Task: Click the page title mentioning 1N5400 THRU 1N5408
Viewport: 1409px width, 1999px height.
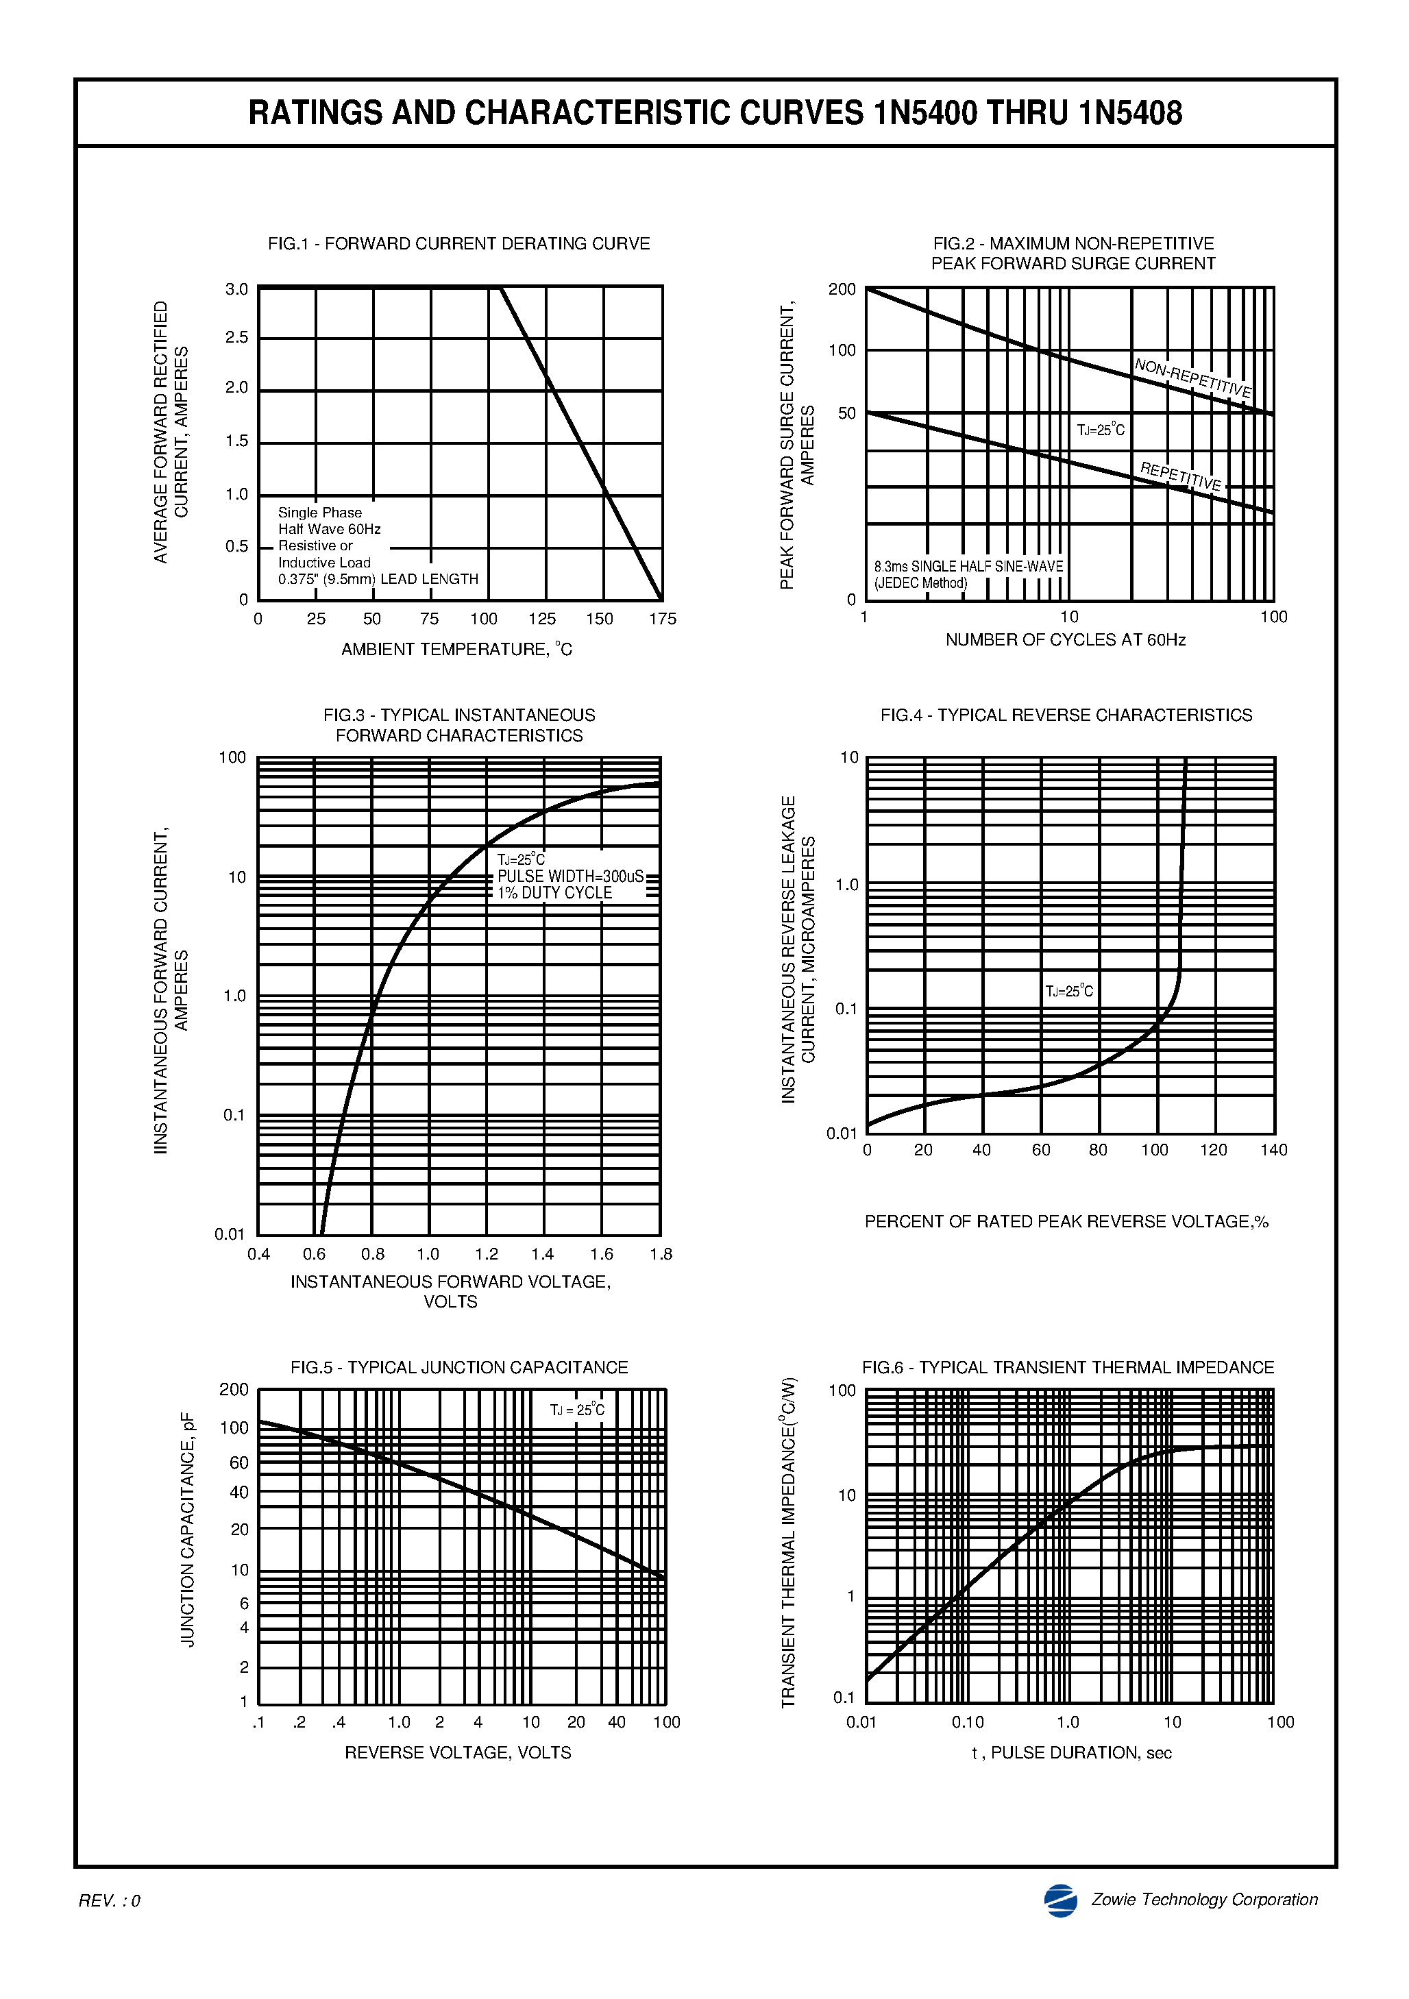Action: pyautogui.click(x=715, y=113)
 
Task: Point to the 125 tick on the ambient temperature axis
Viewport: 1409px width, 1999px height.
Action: pyautogui.click(x=541, y=619)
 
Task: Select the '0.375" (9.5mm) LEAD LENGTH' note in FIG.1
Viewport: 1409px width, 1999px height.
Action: pyautogui.click(x=378, y=579)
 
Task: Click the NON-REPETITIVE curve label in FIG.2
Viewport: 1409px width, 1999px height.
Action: pyautogui.click(x=1192, y=378)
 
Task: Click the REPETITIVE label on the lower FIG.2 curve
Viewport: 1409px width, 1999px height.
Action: pyautogui.click(x=1181, y=476)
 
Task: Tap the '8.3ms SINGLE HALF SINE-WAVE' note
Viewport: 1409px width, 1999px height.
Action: pyautogui.click(x=968, y=567)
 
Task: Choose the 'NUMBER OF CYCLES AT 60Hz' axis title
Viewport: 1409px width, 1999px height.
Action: pyautogui.click(x=1065, y=640)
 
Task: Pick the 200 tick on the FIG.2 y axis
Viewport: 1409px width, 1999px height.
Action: pyautogui.click(x=842, y=289)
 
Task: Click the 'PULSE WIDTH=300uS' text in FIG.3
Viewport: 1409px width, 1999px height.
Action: pyautogui.click(x=570, y=876)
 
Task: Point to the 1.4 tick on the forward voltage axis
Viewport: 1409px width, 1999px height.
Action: pyautogui.click(x=543, y=1255)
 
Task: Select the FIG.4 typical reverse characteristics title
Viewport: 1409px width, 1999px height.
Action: pyautogui.click(x=1066, y=715)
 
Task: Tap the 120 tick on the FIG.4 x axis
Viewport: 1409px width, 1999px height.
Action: pyautogui.click(x=1213, y=1150)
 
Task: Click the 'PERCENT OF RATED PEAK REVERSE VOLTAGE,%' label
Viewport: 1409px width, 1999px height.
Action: pyautogui.click(x=1066, y=1221)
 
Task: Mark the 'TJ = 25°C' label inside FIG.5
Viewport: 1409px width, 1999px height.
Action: pyautogui.click(x=576, y=1410)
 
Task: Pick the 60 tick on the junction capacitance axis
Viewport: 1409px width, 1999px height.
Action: pyautogui.click(x=239, y=1462)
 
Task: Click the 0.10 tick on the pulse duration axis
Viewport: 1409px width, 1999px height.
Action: pyautogui.click(x=968, y=1722)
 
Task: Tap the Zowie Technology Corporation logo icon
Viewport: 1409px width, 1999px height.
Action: pyautogui.click(x=1061, y=1900)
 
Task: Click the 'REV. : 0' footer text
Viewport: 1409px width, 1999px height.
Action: pyautogui.click(x=110, y=1902)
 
